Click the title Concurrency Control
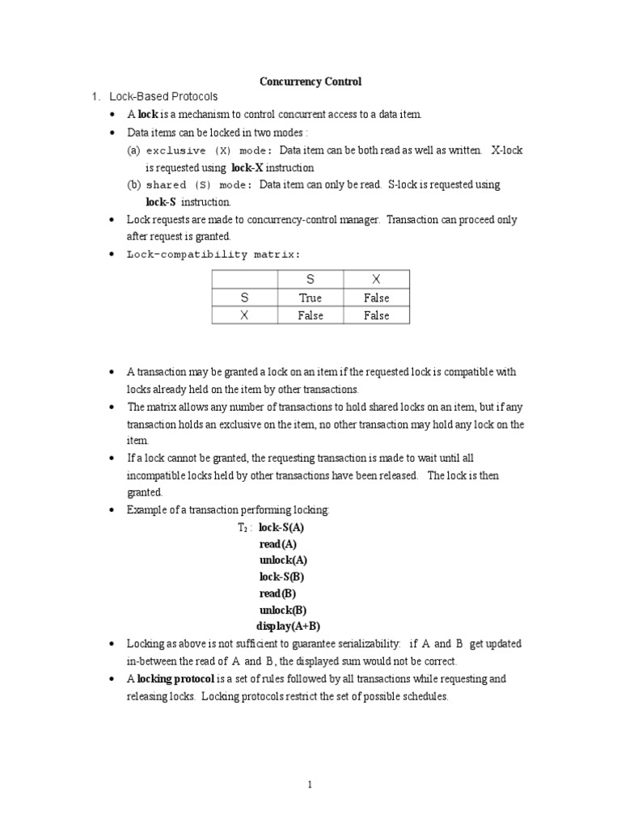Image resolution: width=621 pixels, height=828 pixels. [310, 82]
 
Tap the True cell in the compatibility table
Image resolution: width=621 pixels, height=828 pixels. [310, 298]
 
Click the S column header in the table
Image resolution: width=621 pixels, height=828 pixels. [310, 279]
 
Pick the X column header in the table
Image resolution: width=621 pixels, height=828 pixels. [376, 279]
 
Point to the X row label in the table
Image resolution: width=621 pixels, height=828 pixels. [244, 315]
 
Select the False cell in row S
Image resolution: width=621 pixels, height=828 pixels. [376, 298]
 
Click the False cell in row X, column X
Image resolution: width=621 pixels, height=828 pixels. [376, 315]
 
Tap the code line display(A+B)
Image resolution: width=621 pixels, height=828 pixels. [289, 627]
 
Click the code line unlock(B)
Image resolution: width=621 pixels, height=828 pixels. [283, 610]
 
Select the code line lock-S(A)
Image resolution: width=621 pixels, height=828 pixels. [281, 527]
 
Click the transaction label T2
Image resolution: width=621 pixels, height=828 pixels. [244, 528]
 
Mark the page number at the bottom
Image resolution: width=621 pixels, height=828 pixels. [310, 784]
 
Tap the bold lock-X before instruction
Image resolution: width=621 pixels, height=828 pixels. [247, 167]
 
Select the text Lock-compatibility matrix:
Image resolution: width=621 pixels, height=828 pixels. [213, 254]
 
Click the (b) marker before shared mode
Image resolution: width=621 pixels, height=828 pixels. [134, 184]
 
